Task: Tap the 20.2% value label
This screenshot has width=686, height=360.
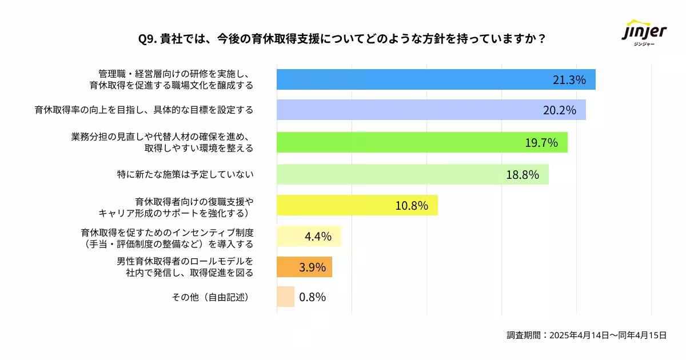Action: click(x=559, y=110)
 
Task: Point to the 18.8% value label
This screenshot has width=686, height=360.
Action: click(x=523, y=175)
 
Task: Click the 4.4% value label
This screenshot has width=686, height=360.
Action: click(x=318, y=236)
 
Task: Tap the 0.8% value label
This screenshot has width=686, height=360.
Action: click(x=312, y=297)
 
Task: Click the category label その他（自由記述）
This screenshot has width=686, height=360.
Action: click(x=212, y=297)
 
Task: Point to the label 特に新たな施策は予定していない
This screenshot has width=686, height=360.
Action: click(x=185, y=174)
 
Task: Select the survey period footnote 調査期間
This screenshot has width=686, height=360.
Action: click(x=587, y=335)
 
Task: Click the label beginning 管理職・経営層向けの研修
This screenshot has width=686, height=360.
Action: click(x=171, y=79)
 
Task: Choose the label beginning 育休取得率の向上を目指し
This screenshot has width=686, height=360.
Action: click(x=144, y=110)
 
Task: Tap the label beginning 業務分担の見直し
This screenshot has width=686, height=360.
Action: click(x=162, y=142)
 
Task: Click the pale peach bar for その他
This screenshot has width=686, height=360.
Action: click(x=285, y=297)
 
